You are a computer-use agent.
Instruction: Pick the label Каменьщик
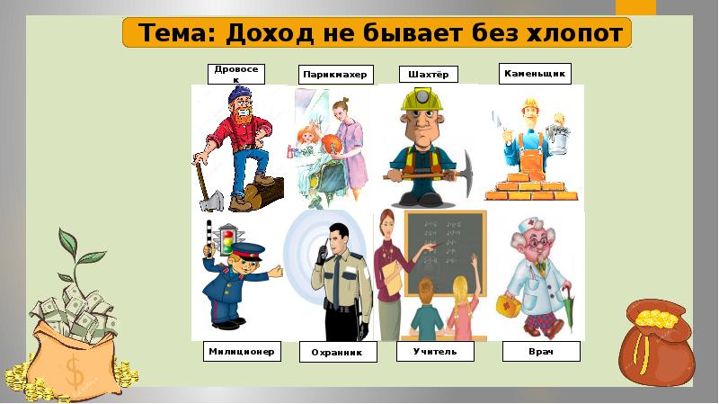click(x=536, y=73)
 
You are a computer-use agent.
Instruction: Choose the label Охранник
click(x=335, y=353)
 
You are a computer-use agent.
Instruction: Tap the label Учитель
click(x=429, y=351)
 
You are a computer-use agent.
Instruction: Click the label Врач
click(x=541, y=351)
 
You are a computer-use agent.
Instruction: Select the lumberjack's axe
click(x=203, y=184)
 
